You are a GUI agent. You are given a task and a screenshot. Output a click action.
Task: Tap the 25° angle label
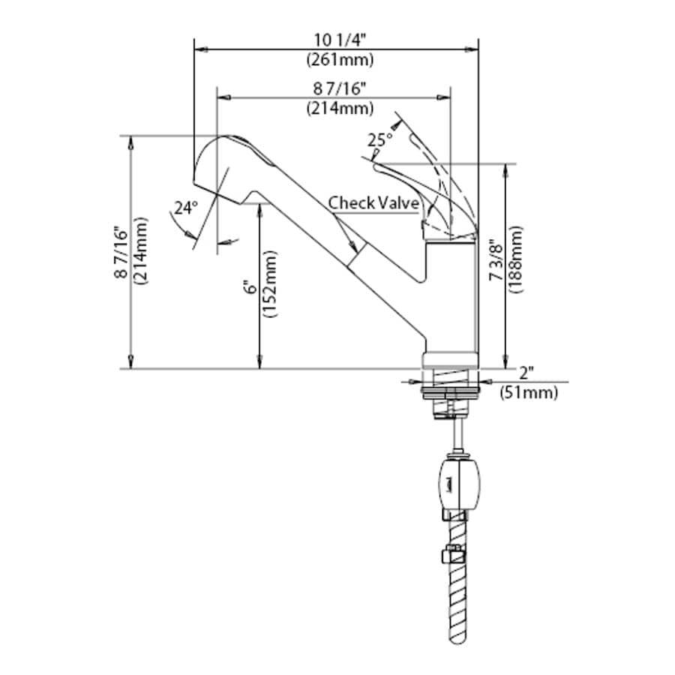(379, 139)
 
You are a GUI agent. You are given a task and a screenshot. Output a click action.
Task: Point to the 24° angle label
(185, 208)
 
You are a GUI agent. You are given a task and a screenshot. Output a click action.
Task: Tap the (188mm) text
(515, 259)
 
